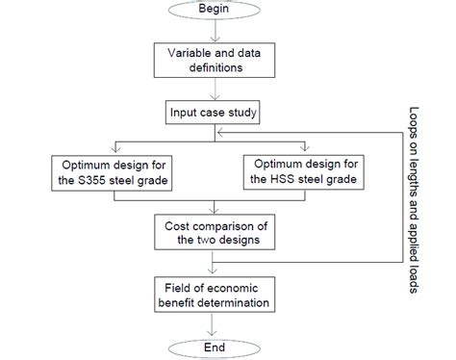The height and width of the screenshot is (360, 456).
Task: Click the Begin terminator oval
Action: [x=211, y=13]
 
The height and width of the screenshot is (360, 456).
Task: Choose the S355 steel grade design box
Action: [x=117, y=172]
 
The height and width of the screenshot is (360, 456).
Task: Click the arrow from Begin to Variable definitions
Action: [x=211, y=32]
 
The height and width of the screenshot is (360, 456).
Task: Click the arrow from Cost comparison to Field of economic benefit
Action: [x=211, y=262]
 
